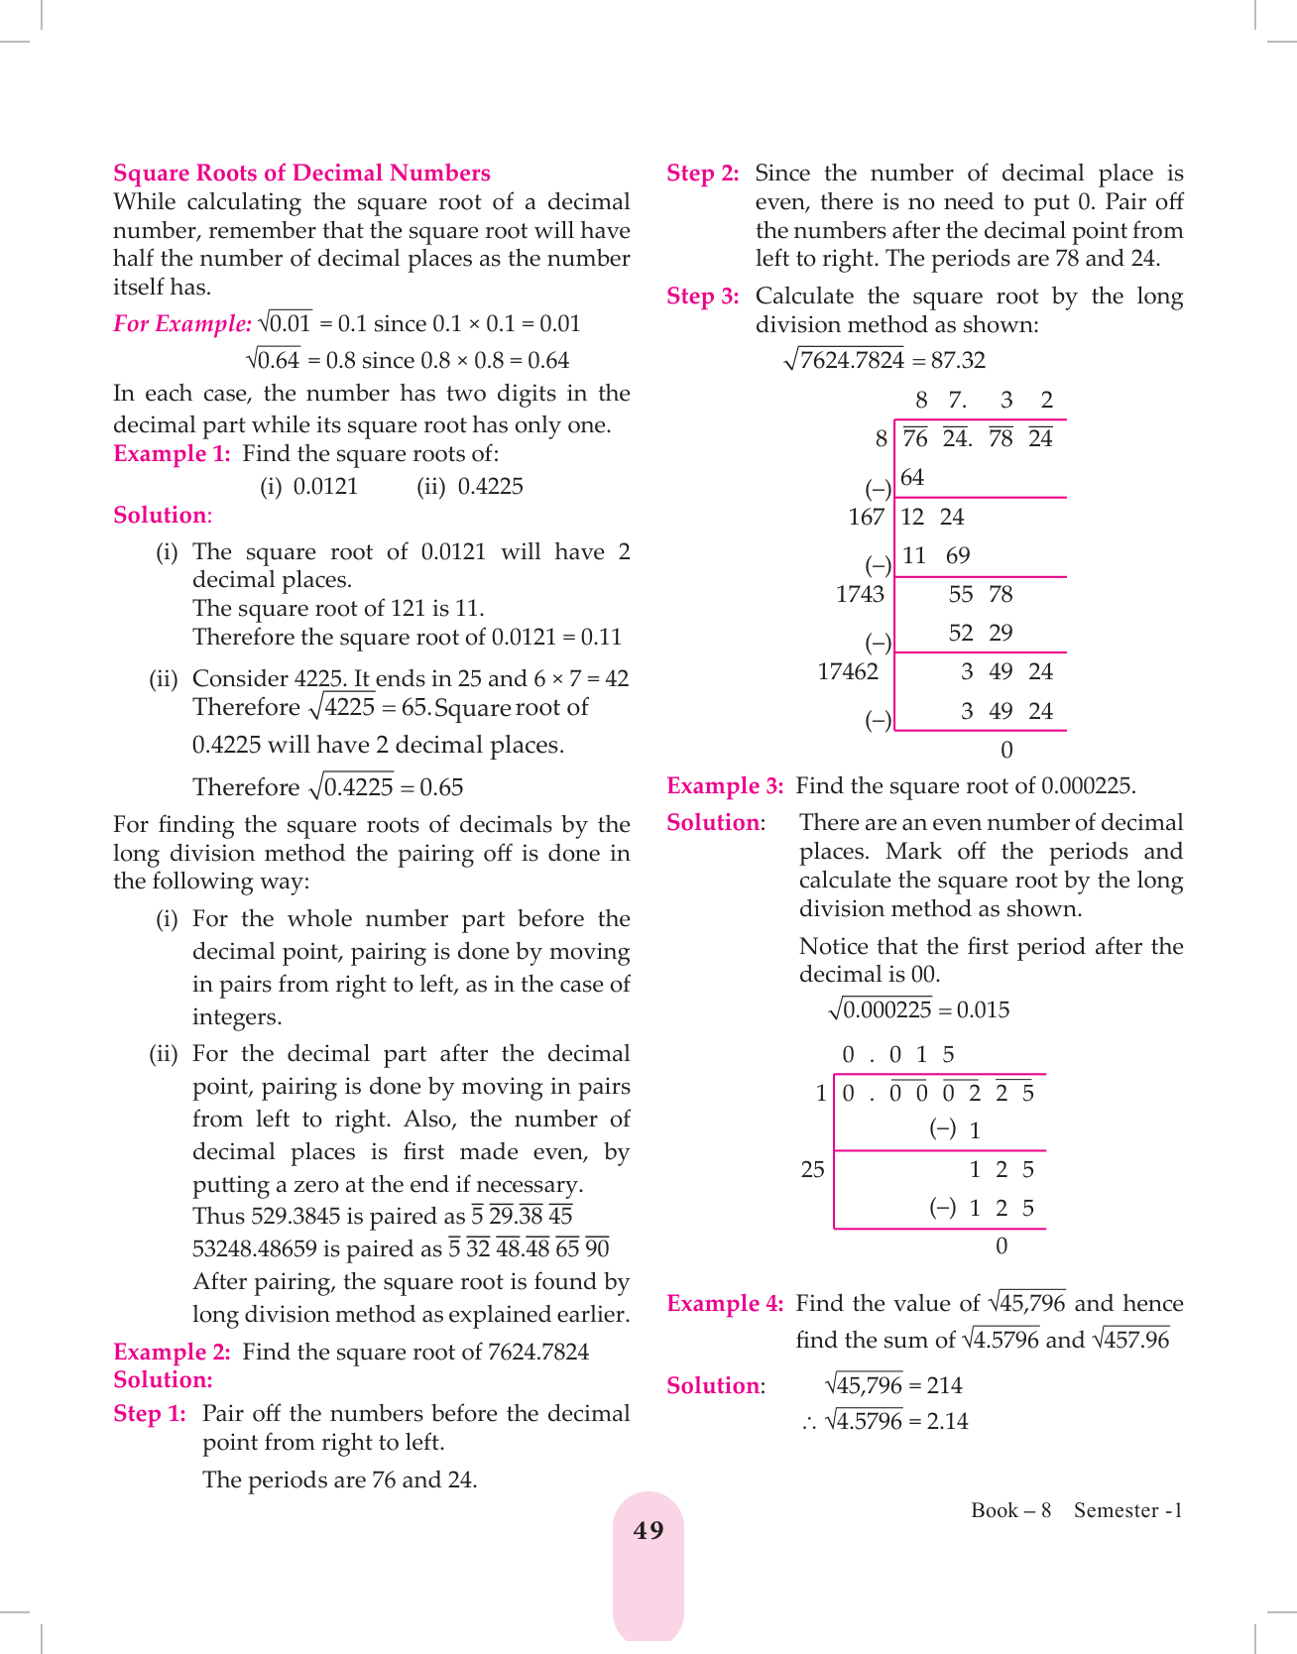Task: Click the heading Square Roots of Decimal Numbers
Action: pyautogui.click(x=301, y=174)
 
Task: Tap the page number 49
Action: pyautogui.click(x=648, y=1531)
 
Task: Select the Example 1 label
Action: pyautogui.click(x=172, y=454)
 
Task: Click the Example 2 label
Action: pyautogui.click(x=172, y=1353)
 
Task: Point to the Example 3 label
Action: pyautogui.click(x=725, y=786)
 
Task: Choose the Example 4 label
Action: pyautogui.click(x=725, y=1304)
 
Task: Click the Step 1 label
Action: pyautogui.click(x=150, y=1414)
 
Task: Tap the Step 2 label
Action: pyautogui.click(x=703, y=174)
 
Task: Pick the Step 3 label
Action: pyautogui.click(x=703, y=296)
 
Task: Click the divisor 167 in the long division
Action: pyautogui.click(x=866, y=518)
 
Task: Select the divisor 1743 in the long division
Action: pyautogui.click(x=860, y=595)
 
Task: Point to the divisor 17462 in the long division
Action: pyautogui.click(x=848, y=672)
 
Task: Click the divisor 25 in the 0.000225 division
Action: pyautogui.click(x=812, y=1170)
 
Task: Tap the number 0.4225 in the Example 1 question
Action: pyautogui.click(x=490, y=487)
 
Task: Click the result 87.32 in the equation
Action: pyautogui.click(x=958, y=361)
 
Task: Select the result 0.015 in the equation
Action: pyautogui.click(x=983, y=1010)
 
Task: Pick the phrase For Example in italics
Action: pyautogui.click(x=182, y=324)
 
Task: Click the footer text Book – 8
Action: pyautogui.click(x=1010, y=1510)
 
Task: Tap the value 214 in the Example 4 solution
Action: pyautogui.click(x=944, y=1386)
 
